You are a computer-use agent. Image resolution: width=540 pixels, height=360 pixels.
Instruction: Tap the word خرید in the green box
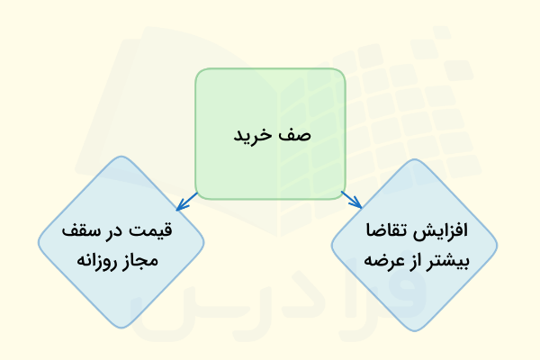tap(256, 136)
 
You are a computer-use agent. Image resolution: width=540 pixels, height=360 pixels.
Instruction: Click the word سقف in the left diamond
tap(88, 229)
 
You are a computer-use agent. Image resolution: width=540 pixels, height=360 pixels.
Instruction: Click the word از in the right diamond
tap(424, 259)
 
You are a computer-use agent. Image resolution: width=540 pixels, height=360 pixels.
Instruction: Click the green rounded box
tap(270, 99)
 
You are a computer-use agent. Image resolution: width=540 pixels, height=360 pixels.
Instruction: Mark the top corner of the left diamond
tap(121, 158)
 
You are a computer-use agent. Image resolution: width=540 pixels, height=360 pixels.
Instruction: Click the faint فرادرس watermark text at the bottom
tap(270, 310)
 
